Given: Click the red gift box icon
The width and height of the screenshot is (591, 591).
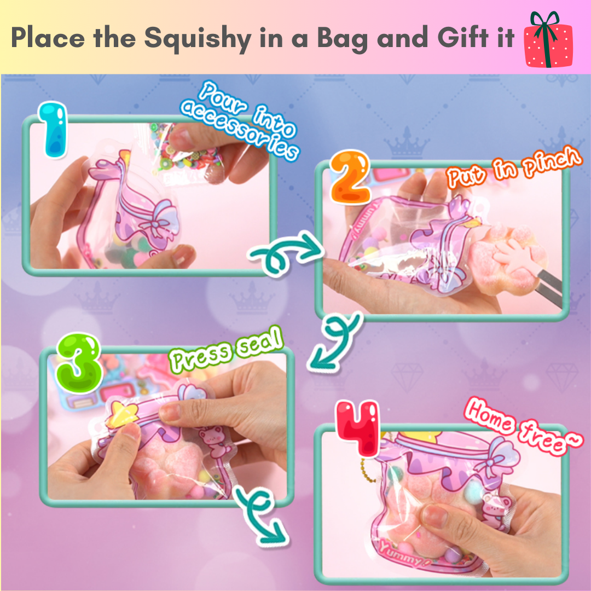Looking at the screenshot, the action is (548, 40).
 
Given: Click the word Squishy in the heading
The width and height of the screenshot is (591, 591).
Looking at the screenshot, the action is (198, 38).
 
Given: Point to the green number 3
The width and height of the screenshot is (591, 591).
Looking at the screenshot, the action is (79, 363).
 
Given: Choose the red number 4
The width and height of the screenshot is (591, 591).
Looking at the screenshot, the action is (358, 428).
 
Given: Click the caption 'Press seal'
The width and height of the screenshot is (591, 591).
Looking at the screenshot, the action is (226, 349).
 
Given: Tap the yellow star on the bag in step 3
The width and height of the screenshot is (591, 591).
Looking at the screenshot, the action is (120, 415).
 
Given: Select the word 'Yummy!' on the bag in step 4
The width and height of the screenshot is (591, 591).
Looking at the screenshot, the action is (404, 553).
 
